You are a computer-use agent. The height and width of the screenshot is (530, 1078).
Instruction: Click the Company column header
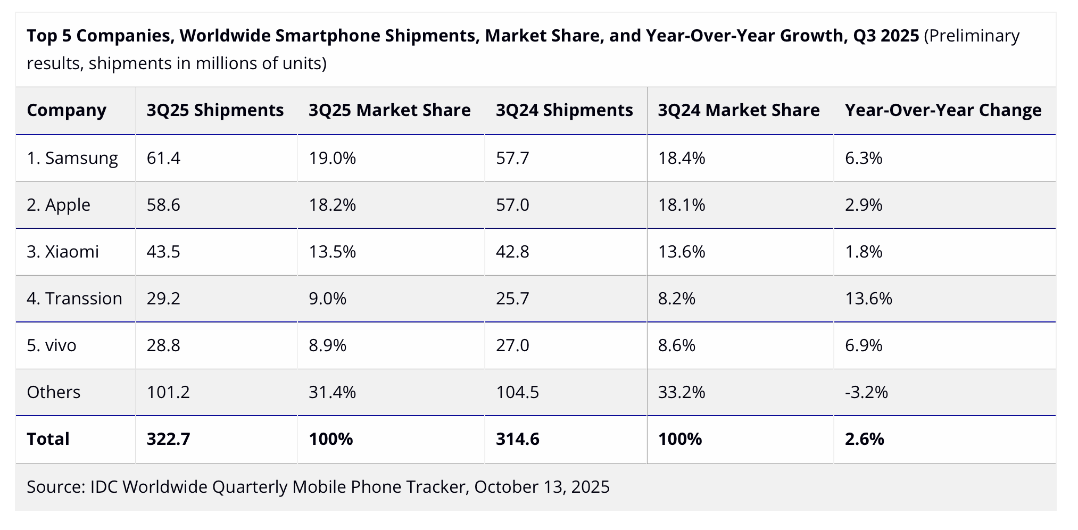(67, 110)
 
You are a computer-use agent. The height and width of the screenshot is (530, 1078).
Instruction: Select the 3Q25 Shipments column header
(215, 110)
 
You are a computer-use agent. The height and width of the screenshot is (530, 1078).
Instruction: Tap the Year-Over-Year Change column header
(943, 110)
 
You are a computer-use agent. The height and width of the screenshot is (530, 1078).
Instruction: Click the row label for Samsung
(72, 158)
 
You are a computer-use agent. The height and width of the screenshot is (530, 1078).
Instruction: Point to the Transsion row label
(74, 299)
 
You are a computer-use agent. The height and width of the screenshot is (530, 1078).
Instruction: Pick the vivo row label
(52, 345)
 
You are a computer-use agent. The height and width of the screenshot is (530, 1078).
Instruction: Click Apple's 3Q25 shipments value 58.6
(163, 205)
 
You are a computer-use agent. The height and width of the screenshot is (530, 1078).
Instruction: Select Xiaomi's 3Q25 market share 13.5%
(332, 252)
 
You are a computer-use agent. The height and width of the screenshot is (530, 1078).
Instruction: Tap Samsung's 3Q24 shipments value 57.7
(512, 158)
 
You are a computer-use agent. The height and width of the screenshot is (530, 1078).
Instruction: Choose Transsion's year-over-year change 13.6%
(868, 299)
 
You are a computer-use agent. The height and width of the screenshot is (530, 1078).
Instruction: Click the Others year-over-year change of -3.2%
(866, 392)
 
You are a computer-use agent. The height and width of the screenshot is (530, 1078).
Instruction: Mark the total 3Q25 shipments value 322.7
(168, 439)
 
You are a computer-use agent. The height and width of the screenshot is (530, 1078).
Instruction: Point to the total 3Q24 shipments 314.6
(517, 439)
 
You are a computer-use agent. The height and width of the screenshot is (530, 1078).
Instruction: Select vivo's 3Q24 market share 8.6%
(676, 345)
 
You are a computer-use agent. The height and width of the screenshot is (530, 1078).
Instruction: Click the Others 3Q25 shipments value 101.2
(168, 392)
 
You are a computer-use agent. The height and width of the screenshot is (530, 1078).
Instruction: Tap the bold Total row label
(48, 439)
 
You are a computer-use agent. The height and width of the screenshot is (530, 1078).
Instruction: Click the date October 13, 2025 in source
(542, 487)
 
